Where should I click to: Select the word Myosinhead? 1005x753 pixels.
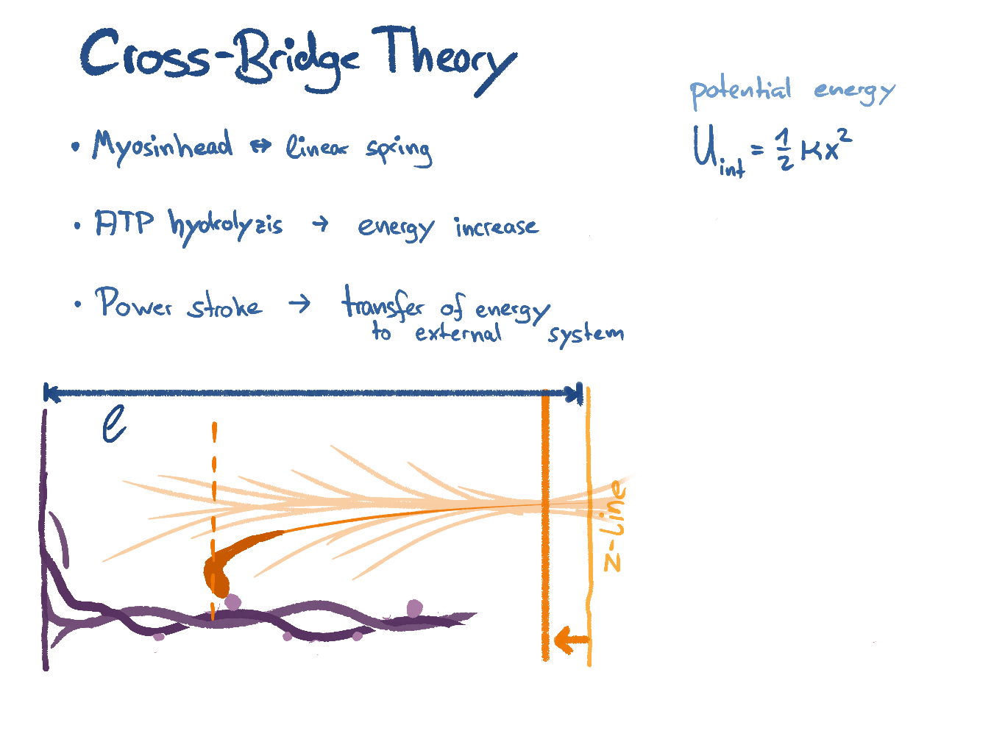click(x=162, y=146)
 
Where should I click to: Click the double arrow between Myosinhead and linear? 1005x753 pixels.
click(x=260, y=147)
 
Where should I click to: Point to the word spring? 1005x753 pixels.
click(x=399, y=150)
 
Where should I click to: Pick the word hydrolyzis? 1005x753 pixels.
click(x=225, y=225)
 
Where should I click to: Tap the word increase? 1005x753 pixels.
click(x=497, y=226)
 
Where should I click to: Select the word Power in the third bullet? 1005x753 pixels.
click(x=133, y=302)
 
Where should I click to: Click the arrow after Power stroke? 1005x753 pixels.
click(x=299, y=303)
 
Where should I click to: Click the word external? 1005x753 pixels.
click(x=458, y=334)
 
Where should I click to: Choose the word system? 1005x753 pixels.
click(x=586, y=335)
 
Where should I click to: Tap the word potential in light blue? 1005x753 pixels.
click(x=740, y=91)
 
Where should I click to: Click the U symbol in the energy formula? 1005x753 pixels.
click(x=704, y=147)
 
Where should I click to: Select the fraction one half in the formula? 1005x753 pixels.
click(x=784, y=149)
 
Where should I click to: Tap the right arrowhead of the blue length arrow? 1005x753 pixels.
click(x=574, y=393)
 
